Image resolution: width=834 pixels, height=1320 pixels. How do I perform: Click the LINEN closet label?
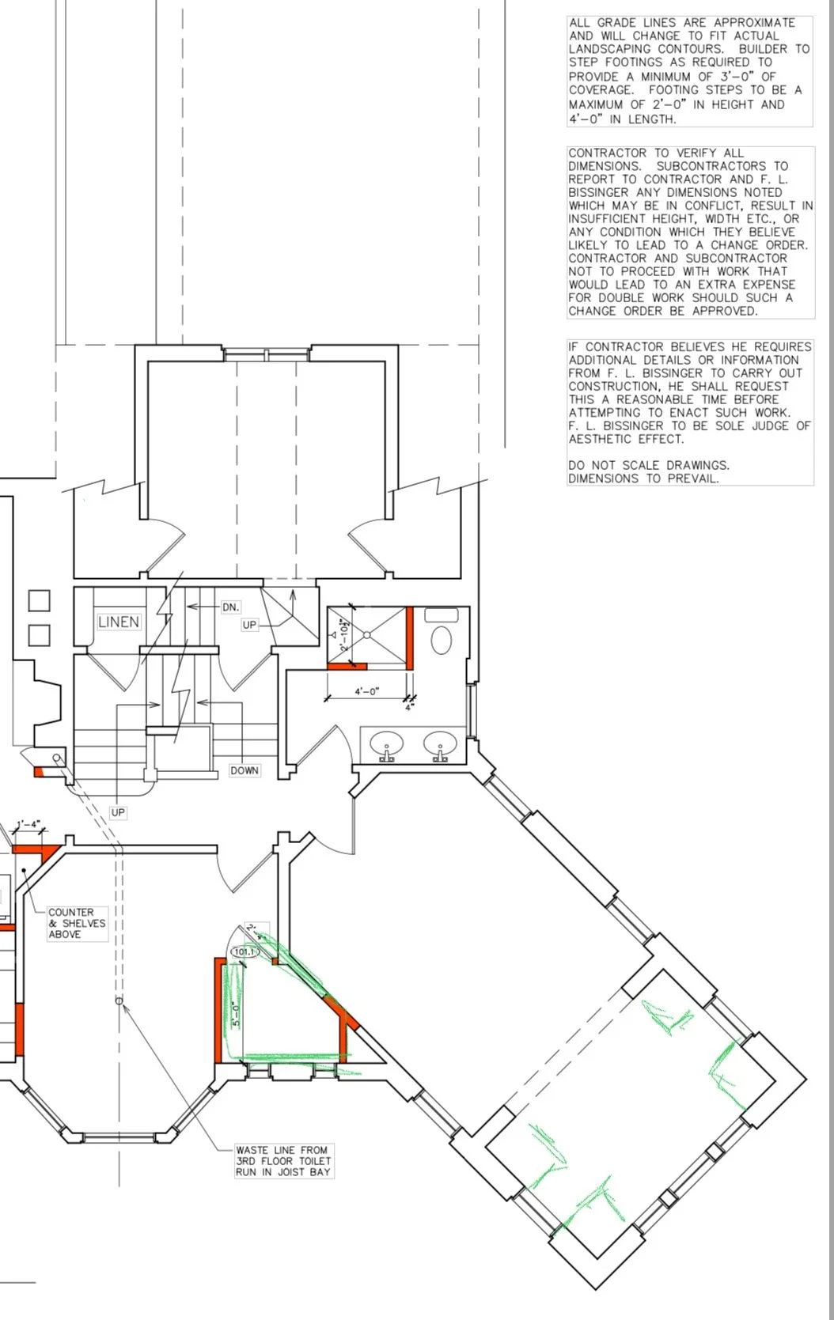[119, 622]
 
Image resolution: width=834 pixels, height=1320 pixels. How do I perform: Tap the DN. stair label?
[230, 607]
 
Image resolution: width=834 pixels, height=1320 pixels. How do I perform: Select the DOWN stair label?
[244, 770]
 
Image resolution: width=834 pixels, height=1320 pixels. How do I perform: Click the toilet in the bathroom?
[442, 639]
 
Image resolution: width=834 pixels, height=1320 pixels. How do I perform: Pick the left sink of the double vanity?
[387, 743]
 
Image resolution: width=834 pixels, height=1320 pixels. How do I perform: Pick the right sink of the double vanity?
[440, 743]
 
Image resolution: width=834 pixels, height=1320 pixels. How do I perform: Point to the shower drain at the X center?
[366, 634]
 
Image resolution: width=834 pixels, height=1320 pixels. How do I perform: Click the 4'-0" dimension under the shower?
[366, 691]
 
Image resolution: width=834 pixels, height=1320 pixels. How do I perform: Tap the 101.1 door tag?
[245, 951]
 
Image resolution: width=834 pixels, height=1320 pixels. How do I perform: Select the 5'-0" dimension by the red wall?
[235, 1015]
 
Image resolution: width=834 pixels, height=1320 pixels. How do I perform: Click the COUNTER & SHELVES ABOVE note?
[78, 924]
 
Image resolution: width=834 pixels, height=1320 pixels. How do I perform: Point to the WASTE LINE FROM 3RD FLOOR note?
[283, 1161]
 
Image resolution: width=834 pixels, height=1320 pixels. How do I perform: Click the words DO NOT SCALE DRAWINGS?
[649, 465]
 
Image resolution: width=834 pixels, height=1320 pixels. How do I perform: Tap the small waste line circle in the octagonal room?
[119, 1000]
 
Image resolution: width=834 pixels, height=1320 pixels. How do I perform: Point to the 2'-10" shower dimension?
[344, 634]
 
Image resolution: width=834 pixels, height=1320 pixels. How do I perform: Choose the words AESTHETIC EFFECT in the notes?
[627, 439]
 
